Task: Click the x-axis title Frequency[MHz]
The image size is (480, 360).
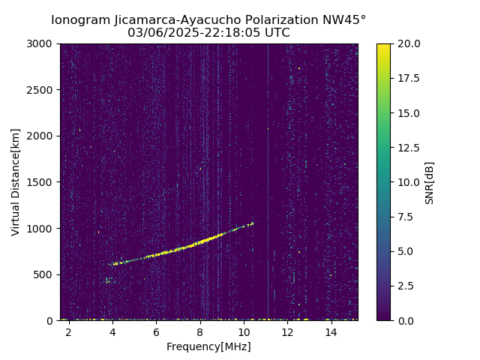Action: click(x=208, y=346)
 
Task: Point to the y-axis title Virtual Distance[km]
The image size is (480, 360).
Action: click(x=16, y=181)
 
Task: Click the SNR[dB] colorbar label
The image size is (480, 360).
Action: click(x=430, y=182)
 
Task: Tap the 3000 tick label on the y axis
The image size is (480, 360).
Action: click(x=42, y=43)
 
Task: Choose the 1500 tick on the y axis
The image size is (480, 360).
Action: click(x=42, y=182)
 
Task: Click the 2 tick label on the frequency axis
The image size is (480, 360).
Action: click(x=69, y=332)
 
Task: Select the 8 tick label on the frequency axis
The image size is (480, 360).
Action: click(x=200, y=332)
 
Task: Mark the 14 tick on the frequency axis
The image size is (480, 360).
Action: click(x=331, y=332)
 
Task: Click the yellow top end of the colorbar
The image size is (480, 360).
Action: click(x=383, y=46)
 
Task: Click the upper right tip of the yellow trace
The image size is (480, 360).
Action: click(x=253, y=223)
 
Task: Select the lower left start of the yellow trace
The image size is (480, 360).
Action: click(x=113, y=264)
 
